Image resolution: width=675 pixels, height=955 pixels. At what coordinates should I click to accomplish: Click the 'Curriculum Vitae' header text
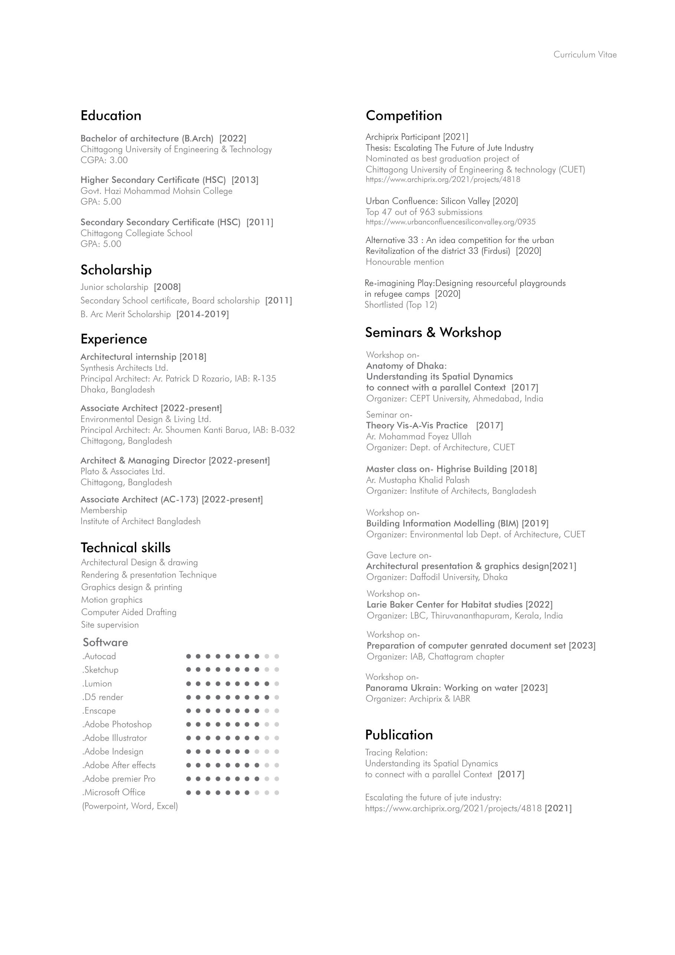[584, 55]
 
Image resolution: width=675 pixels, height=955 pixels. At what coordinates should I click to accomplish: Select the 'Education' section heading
[111, 116]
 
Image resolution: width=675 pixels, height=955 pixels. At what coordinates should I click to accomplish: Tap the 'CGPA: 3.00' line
[104, 160]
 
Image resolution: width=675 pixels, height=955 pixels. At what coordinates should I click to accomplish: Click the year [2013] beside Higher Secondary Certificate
[245, 180]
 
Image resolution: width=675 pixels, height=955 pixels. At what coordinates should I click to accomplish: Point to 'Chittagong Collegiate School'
[137, 233]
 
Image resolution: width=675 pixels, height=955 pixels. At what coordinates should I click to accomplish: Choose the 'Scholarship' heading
[116, 270]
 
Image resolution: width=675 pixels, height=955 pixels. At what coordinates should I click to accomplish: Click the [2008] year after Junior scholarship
[167, 287]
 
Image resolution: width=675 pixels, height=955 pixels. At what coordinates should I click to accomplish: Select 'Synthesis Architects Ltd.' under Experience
[124, 368]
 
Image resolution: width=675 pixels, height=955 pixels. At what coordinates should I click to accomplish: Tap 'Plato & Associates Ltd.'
[123, 471]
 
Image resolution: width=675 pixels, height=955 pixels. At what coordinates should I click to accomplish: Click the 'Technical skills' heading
[125, 547]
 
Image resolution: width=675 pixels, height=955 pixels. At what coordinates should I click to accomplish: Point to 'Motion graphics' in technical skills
[111, 600]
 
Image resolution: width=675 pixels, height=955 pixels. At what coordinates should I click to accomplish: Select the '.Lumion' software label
[97, 683]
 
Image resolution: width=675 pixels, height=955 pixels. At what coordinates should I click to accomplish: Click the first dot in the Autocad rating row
[189, 656]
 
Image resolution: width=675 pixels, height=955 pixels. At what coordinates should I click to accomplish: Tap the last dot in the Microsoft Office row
[276, 792]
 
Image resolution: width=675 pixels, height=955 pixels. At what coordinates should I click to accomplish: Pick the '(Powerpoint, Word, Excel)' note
[130, 806]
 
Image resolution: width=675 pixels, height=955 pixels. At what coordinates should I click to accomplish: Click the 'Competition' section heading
[403, 116]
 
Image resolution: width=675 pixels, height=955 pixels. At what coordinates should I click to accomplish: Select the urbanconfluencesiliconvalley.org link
[450, 222]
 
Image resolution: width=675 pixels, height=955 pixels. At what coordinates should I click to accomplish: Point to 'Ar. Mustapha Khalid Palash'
[417, 480]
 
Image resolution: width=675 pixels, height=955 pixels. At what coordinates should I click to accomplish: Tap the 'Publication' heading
[399, 735]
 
